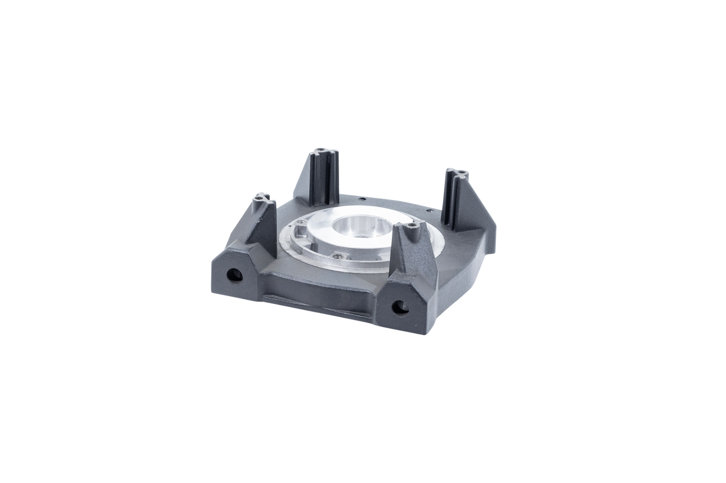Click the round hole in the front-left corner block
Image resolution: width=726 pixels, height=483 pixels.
click(234, 275)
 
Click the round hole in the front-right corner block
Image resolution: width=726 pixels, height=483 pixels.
click(399, 307)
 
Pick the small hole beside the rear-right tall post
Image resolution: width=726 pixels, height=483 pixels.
click(428, 210)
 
